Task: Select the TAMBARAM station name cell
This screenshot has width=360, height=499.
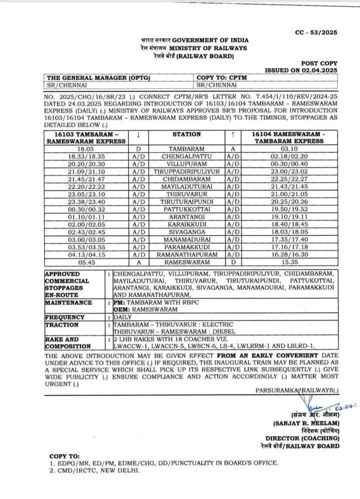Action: point(186,149)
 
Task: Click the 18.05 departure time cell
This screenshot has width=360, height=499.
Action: point(85,149)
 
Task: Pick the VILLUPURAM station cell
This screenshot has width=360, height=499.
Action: point(186,163)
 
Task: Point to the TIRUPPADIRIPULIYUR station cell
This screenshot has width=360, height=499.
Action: point(186,171)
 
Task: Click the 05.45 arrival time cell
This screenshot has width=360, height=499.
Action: point(85,261)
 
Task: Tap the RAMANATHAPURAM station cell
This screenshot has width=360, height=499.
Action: point(186,253)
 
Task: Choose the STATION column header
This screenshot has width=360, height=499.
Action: point(186,134)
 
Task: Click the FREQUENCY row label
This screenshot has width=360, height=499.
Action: point(65,317)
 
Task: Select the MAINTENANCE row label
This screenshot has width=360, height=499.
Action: point(68,303)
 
